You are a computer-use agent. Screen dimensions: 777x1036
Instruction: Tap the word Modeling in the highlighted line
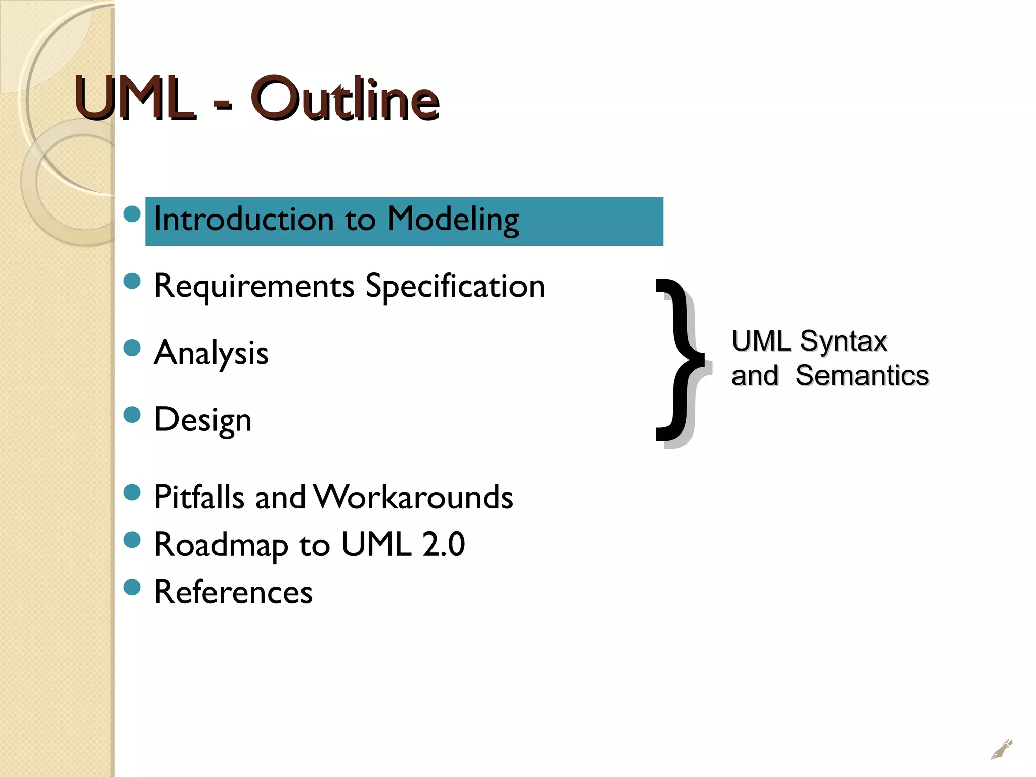click(x=453, y=220)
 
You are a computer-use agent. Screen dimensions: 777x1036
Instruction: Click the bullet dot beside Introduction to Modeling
click(x=132, y=214)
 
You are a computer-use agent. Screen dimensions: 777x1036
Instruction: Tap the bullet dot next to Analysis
click(x=132, y=348)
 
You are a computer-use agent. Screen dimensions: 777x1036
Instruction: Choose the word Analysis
click(x=211, y=353)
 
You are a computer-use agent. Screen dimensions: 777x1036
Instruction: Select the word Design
click(x=203, y=420)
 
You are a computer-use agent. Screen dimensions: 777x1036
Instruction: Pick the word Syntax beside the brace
click(x=843, y=341)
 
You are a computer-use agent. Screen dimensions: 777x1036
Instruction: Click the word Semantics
click(x=862, y=376)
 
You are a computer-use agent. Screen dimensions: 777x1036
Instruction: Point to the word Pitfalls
click(x=199, y=497)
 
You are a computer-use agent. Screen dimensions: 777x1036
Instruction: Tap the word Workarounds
click(x=413, y=497)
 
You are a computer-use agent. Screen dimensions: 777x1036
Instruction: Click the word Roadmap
click(x=222, y=545)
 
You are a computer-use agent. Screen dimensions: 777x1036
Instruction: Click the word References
click(x=233, y=592)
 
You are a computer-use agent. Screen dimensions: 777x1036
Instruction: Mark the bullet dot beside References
click(x=132, y=587)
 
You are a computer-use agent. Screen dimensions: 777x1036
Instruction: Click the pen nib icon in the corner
click(x=1002, y=749)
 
